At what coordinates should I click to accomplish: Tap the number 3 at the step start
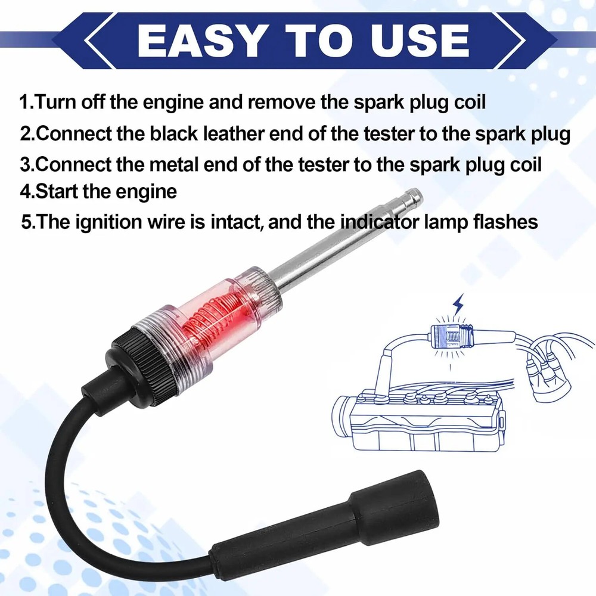point(24,163)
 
